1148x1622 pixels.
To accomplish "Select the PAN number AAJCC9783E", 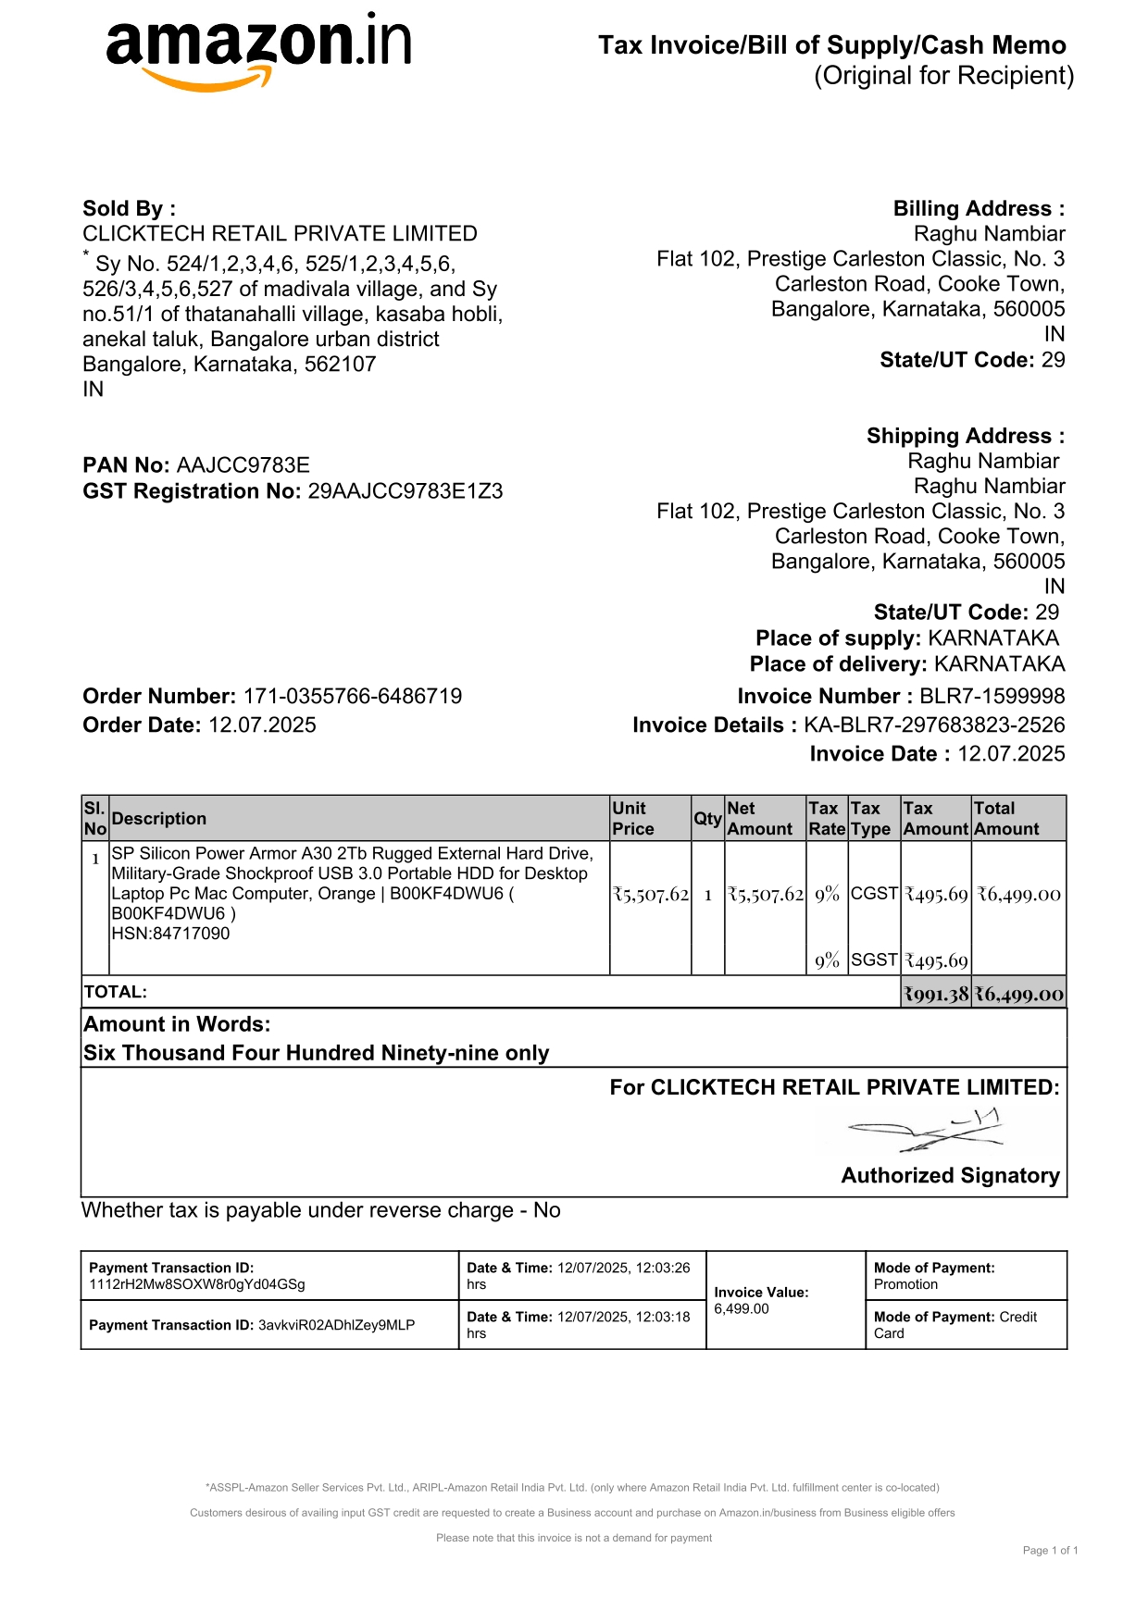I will click(x=243, y=465).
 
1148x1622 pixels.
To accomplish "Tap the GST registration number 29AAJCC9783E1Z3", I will click(x=405, y=491).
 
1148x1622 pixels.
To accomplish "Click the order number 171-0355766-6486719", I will click(x=352, y=697).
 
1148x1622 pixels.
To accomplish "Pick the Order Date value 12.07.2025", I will click(x=262, y=725).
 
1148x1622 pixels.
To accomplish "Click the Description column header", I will click(x=159, y=819).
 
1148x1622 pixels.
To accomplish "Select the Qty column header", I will click(x=707, y=819).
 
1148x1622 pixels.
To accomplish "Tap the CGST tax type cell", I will click(x=874, y=894).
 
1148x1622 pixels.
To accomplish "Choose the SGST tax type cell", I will click(x=874, y=960).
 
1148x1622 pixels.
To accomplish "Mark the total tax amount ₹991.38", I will click(x=936, y=995).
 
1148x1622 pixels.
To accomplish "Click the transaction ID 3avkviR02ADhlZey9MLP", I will click(x=336, y=1325).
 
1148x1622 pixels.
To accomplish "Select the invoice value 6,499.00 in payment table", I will click(x=742, y=1309).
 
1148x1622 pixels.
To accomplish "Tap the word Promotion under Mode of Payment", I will click(x=905, y=1284).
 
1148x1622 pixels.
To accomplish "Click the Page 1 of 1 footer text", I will click(x=1050, y=1551).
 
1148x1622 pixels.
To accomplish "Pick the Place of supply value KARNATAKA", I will click(x=993, y=638).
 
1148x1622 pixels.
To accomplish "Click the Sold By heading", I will click(x=129, y=209).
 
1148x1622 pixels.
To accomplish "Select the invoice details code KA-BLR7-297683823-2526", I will click(x=934, y=725).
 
